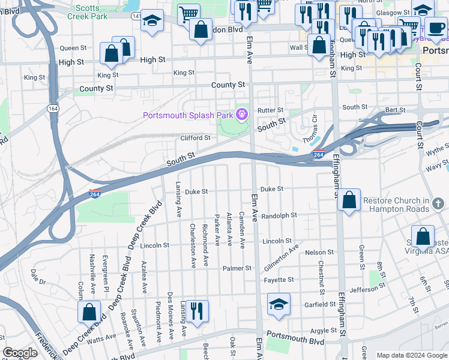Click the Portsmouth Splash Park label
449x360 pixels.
pos(188,115)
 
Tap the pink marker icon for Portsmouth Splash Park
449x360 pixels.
pos(242,113)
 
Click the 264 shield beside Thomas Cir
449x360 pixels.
pos(319,154)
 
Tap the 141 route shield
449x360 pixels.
pos(137,16)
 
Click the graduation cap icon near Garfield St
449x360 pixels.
pos(279,306)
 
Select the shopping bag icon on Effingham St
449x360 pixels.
pos(349,201)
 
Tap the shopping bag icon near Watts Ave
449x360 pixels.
pos(89,313)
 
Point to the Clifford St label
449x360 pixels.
pos(196,138)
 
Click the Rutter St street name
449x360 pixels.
pos(270,110)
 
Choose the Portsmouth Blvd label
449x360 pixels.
pos(295,341)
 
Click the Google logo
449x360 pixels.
pos(20,353)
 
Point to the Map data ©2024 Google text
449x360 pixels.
pos(411,355)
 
